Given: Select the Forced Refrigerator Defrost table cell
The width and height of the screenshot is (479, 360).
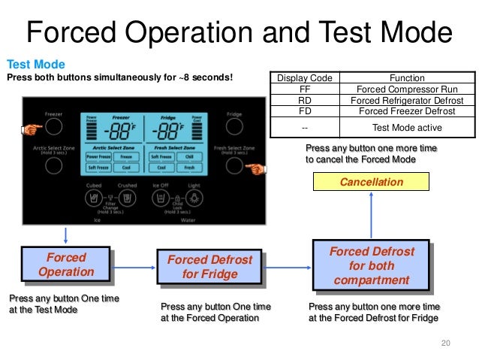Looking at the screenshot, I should coord(406,100).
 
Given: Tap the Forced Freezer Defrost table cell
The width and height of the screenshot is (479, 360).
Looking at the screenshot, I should coord(406,111).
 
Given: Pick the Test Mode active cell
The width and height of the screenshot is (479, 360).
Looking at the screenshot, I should coord(406,128).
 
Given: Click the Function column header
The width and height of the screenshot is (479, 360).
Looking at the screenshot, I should coord(406,77).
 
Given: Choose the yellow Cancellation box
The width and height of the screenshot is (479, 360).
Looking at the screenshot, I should coord(371,182).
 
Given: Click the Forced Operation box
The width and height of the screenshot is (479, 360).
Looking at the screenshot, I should coord(66,265).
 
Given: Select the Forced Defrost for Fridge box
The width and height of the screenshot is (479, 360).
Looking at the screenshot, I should coord(209,267).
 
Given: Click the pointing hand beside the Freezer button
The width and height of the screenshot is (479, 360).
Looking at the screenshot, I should coord(31,130).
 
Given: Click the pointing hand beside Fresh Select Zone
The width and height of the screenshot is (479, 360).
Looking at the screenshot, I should coord(258,168).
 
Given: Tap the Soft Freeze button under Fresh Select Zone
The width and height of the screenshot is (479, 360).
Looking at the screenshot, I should coord(161,156).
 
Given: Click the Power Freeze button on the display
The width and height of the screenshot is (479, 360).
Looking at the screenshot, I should coord(99,156).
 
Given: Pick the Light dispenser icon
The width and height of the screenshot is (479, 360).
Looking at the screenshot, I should coord(194,198).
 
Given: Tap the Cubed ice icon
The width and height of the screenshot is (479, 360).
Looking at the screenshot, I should coord(95,198).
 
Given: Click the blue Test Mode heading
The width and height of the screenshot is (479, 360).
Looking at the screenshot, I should coord(35,65).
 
